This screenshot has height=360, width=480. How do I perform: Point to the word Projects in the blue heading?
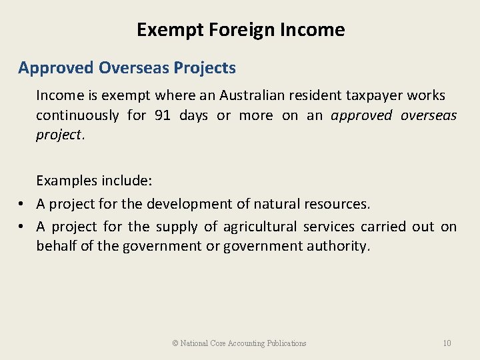(207, 68)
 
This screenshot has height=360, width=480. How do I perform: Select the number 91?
(162, 115)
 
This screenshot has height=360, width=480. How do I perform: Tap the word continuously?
(76, 115)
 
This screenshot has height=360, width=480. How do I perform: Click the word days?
(193, 115)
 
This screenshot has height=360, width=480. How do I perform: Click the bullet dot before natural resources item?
(23, 204)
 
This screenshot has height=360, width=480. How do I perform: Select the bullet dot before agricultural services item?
(23, 227)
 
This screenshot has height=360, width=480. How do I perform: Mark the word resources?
(336, 203)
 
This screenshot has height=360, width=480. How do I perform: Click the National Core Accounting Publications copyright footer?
(239, 343)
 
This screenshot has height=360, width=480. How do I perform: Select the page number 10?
(447, 343)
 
